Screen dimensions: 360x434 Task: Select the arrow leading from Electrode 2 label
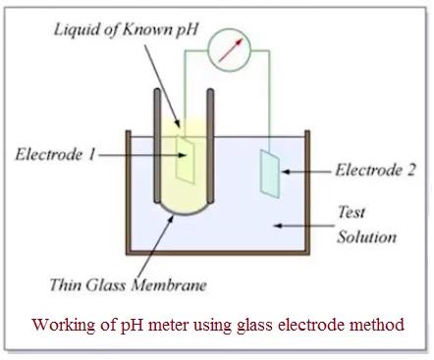(x=300, y=172)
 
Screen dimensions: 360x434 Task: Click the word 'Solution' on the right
(x=366, y=236)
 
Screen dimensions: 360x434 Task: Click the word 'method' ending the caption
(x=377, y=325)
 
